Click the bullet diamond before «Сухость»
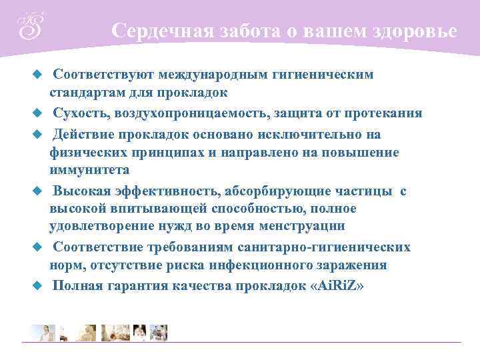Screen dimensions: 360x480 (38, 113)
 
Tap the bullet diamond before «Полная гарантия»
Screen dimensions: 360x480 (38, 285)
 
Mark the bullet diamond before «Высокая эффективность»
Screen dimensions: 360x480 (38, 191)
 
